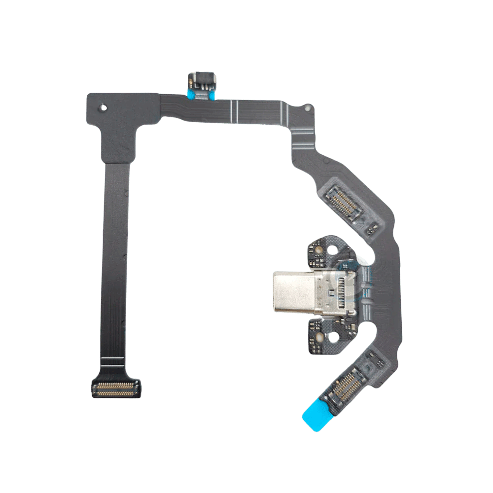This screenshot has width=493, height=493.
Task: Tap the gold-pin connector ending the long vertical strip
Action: pos(115,389)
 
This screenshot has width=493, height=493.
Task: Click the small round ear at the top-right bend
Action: pos(308,107)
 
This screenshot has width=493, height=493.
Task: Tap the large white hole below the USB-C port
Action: pos(337,337)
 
